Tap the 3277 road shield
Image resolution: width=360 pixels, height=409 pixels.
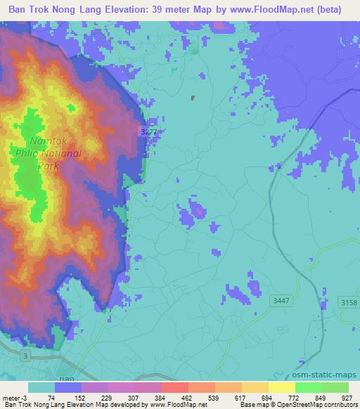tap(148, 131)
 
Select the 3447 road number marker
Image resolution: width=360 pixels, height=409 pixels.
tap(279, 300)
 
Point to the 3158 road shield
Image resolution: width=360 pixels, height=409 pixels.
tap(348, 302)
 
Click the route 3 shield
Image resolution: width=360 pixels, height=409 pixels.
tap(25, 357)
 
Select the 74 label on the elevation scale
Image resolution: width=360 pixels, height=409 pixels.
tap(51, 397)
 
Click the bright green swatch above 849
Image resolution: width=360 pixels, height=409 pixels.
tap(308, 387)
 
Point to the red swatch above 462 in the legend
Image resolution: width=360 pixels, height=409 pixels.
tap(174, 387)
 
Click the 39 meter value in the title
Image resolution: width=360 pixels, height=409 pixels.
tap(186, 9)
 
